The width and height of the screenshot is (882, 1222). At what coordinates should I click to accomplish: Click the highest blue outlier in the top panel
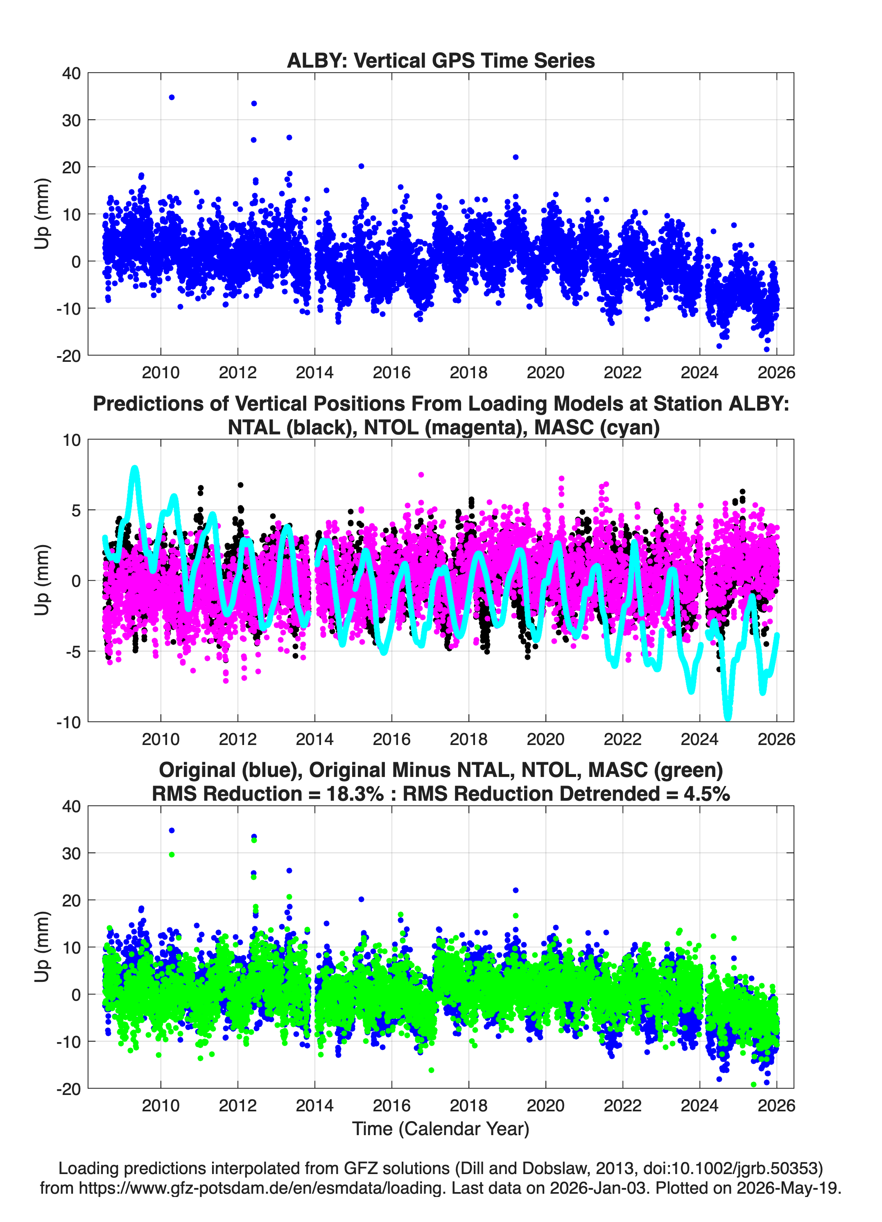pos(172,98)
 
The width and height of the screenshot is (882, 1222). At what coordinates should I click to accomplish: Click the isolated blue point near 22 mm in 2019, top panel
pos(515,157)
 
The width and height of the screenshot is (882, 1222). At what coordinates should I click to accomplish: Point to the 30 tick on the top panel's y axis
pos(72,120)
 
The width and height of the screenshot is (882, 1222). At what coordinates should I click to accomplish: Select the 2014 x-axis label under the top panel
pos(314,373)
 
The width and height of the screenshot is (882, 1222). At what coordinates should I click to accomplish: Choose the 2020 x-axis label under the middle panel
pos(545,739)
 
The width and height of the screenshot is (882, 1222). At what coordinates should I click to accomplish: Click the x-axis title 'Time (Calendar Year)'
pos(441,1129)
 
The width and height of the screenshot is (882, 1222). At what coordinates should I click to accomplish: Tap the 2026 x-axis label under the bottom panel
pos(776,1106)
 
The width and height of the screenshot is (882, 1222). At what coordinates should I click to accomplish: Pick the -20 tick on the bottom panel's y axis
pos(68,1089)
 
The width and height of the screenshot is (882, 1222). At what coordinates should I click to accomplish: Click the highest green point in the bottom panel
pos(254,840)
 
